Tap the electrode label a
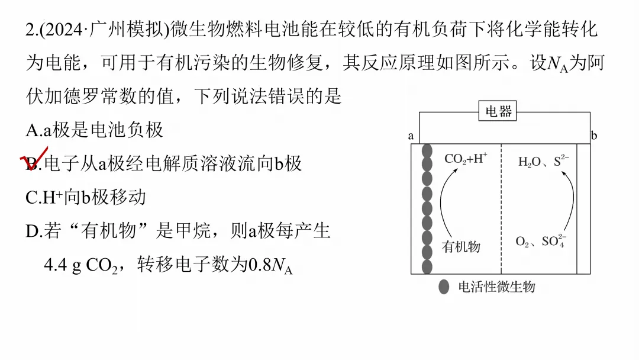(411, 136)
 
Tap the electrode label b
(594, 136)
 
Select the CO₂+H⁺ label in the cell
(466, 159)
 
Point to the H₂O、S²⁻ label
(543, 161)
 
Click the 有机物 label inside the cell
(461, 247)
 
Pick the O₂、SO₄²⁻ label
(540, 241)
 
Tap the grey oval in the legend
(444, 287)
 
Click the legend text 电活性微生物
(496, 287)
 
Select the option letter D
(33, 232)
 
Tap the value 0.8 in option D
(259, 265)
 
